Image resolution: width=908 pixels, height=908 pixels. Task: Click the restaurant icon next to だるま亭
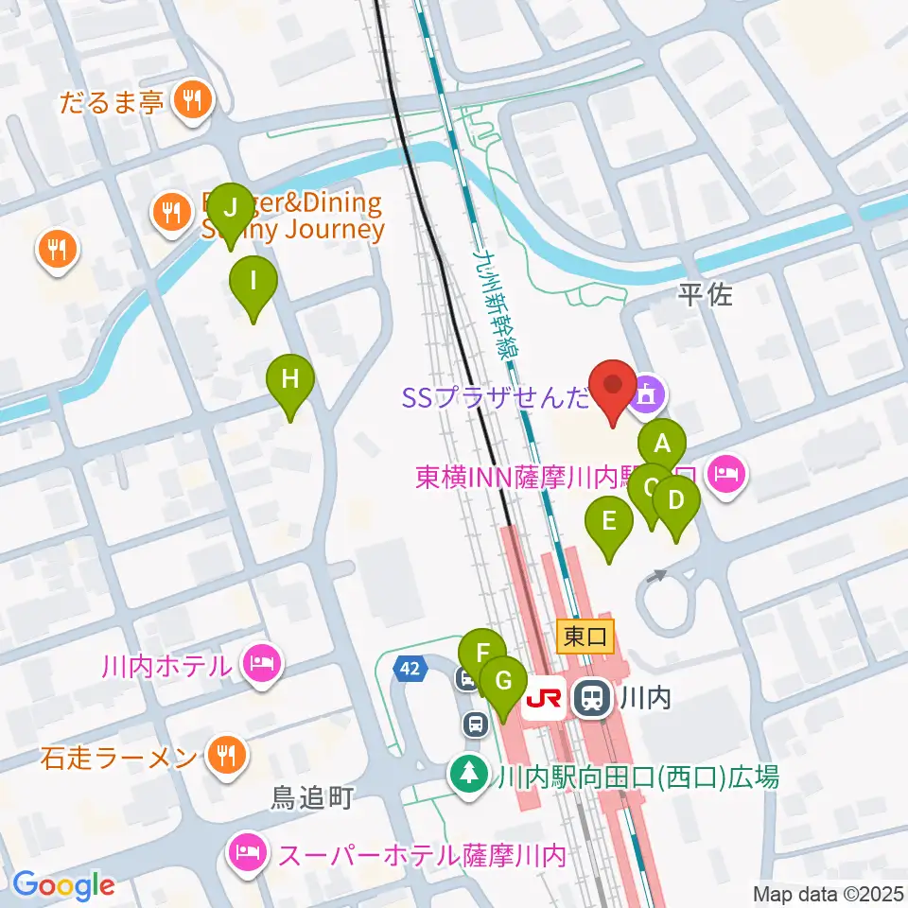click(x=193, y=100)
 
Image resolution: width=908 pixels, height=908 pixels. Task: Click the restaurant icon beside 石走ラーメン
click(x=227, y=755)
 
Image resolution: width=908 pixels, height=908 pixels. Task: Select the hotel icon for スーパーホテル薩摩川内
click(x=248, y=854)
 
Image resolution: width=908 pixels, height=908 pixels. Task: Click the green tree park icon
click(x=466, y=777)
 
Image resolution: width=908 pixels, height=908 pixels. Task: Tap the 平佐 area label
click(x=706, y=296)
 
